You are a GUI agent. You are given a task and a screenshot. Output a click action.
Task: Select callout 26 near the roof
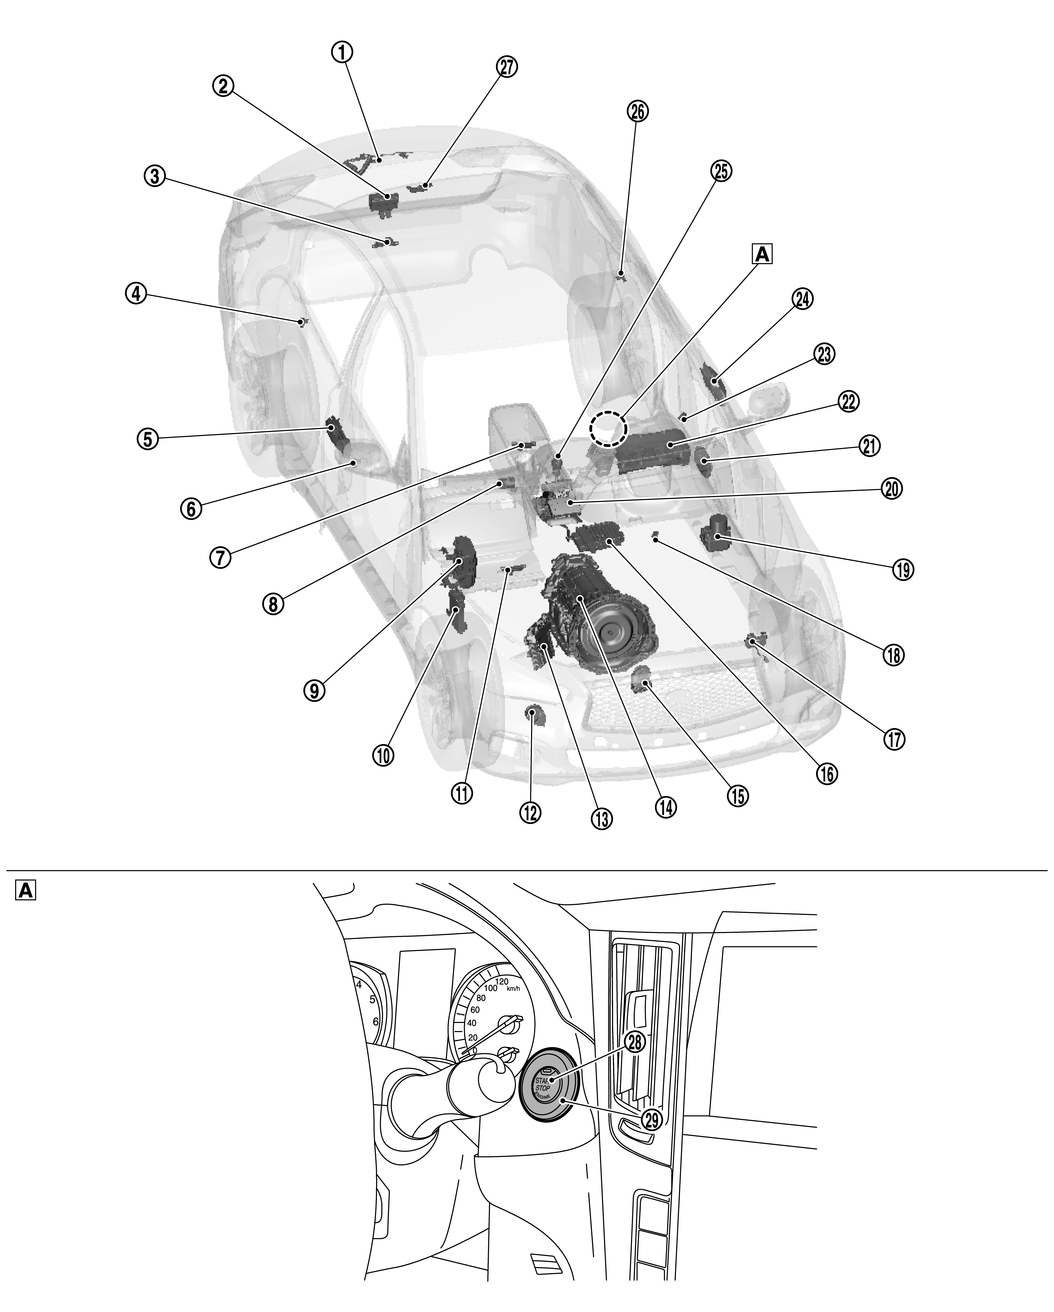tap(637, 111)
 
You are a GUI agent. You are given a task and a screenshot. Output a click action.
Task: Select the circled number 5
tap(147, 439)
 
